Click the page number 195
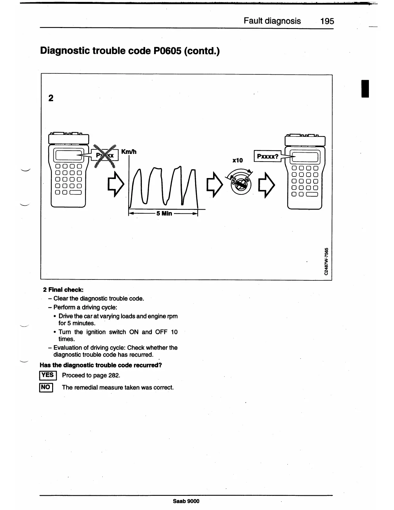[327, 21]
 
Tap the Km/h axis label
[129, 152]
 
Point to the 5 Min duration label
[164, 213]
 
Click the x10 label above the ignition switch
[237, 160]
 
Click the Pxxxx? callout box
[267, 156]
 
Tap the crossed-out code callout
[105, 156]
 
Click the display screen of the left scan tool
[67, 156]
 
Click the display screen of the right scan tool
[305, 157]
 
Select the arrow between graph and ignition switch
[215, 185]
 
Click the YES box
[48, 375]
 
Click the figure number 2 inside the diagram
[51, 98]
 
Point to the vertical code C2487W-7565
[327, 261]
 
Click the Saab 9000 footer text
[186, 501]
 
